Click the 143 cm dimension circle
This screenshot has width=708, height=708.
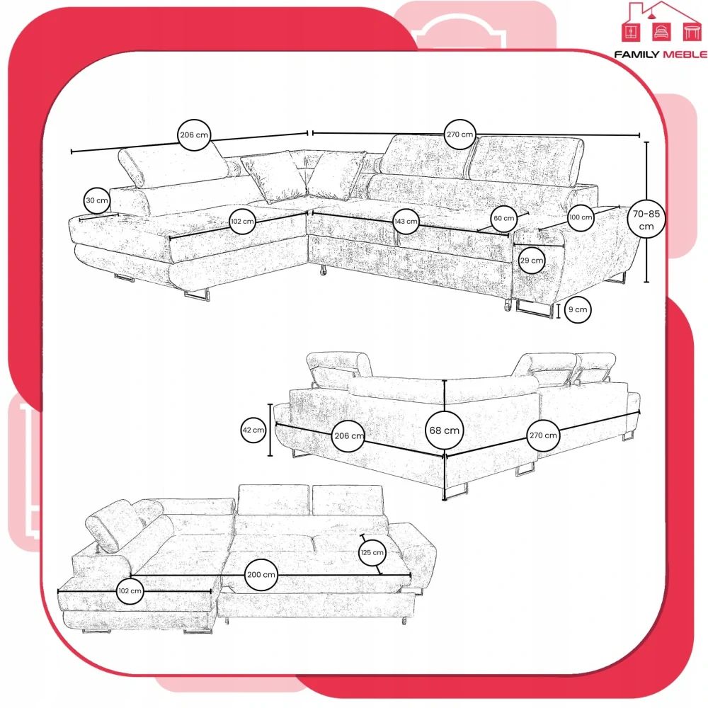click(x=406, y=221)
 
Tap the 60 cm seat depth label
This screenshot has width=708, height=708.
click(x=504, y=219)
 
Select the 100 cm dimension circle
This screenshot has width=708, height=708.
click(x=581, y=217)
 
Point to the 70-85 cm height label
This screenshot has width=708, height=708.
click(x=646, y=219)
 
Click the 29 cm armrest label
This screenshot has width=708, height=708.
click(x=532, y=261)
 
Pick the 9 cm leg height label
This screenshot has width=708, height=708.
click(x=578, y=310)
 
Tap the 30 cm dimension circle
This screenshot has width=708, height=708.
click(x=97, y=200)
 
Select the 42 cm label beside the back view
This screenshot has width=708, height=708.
click(x=253, y=430)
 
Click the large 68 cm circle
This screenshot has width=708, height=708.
click(x=445, y=430)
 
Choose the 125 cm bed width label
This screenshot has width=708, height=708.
click(x=372, y=552)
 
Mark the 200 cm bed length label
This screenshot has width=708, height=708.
click(x=261, y=575)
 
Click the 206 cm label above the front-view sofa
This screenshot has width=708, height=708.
click(x=194, y=135)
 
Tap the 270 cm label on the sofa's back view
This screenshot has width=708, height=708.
click(x=543, y=435)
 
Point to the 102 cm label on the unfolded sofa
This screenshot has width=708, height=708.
click(x=130, y=591)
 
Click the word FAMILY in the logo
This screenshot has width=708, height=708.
click(x=636, y=55)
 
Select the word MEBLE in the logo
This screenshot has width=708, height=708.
click(x=685, y=55)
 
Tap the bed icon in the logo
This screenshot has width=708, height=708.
click(x=661, y=32)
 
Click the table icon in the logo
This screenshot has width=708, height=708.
click(x=692, y=32)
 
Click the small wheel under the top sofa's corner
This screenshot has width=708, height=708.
click(x=323, y=271)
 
